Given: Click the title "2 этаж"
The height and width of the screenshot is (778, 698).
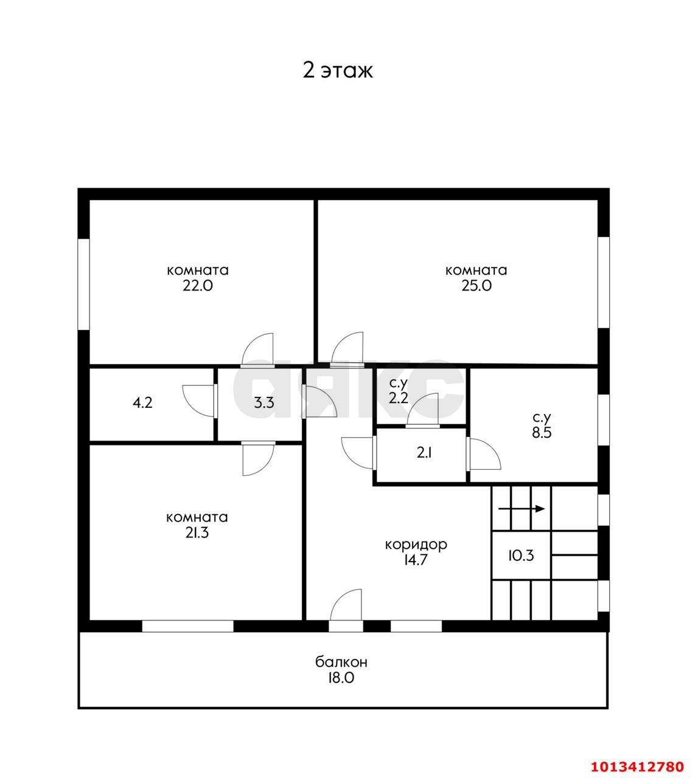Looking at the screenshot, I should [x=338, y=71].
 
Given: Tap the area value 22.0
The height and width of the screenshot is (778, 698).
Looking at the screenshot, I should [x=198, y=286].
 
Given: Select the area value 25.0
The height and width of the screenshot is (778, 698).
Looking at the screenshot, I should [x=476, y=286].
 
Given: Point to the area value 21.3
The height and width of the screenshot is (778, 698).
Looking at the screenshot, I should [x=197, y=533].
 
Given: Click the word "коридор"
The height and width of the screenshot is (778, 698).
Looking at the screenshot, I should [x=416, y=544].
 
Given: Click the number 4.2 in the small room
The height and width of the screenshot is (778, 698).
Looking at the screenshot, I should [x=142, y=403].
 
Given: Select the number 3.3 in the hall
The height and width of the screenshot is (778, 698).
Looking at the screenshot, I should [x=263, y=403].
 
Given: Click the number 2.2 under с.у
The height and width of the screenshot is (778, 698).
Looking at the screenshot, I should [x=399, y=398].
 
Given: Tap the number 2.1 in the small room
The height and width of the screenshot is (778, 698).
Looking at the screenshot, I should [x=424, y=453].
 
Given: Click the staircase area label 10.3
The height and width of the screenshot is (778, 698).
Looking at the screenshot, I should [x=521, y=555].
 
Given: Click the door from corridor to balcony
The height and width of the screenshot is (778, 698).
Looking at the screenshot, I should [x=347, y=608].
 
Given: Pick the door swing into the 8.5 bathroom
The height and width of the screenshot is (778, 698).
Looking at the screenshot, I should [x=484, y=454].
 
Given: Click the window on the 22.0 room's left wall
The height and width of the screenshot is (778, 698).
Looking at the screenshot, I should [x=84, y=284].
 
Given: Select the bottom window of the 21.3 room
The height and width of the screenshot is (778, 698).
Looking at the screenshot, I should [x=188, y=626].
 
